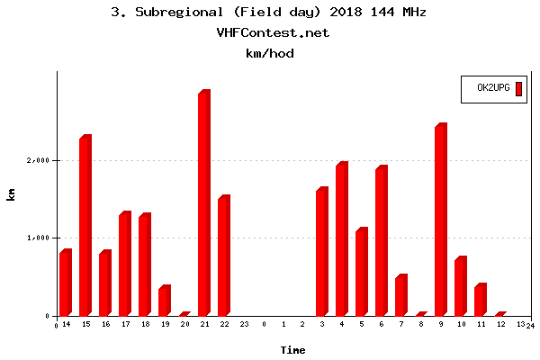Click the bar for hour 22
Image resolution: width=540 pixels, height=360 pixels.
pos(223,256)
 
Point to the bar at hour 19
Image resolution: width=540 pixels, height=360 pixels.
pos(164,301)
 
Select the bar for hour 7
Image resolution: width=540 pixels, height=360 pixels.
pos(400,296)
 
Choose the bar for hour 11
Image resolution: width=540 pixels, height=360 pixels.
pos(480,301)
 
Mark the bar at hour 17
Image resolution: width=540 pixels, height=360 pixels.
pos(124,265)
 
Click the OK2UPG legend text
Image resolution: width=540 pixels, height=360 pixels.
pos(493,87)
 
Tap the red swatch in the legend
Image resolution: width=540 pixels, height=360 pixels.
pos(519,87)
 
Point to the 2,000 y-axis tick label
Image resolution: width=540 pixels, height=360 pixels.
pos(39,160)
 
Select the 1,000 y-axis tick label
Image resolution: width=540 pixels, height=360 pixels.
pos(39,238)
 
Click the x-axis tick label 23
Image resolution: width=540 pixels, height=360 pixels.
pos(243,324)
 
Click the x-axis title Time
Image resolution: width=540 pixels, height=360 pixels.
pos(292,349)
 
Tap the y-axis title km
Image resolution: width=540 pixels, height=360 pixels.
pos(11,194)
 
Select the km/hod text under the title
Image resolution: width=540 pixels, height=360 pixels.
pos(270,53)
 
